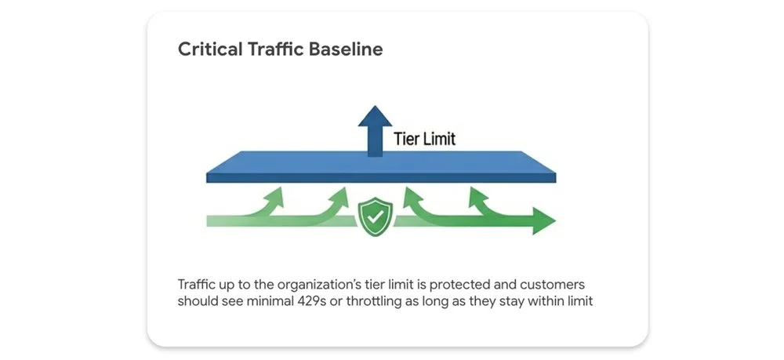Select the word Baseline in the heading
(345, 49)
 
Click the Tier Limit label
(424, 140)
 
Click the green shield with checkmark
(376, 213)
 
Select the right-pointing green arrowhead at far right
(543, 221)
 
